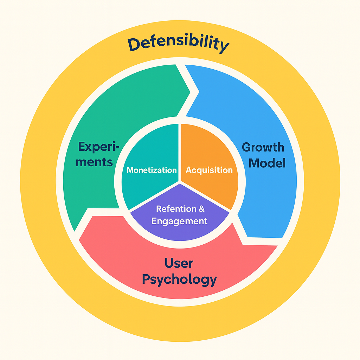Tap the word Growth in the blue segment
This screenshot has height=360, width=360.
[x=263, y=147]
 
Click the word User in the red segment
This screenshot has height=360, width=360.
[x=179, y=263]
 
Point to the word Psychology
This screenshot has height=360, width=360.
[x=179, y=279]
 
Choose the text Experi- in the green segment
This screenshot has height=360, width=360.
[x=99, y=146]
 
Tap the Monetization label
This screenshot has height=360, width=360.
[x=152, y=171]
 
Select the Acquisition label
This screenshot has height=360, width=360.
[x=209, y=170]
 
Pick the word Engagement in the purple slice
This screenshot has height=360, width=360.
[x=179, y=221]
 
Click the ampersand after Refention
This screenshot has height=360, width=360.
[x=201, y=209]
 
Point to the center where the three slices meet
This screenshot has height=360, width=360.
[x=180, y=182]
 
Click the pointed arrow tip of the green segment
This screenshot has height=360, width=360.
[x=190, y=92]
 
